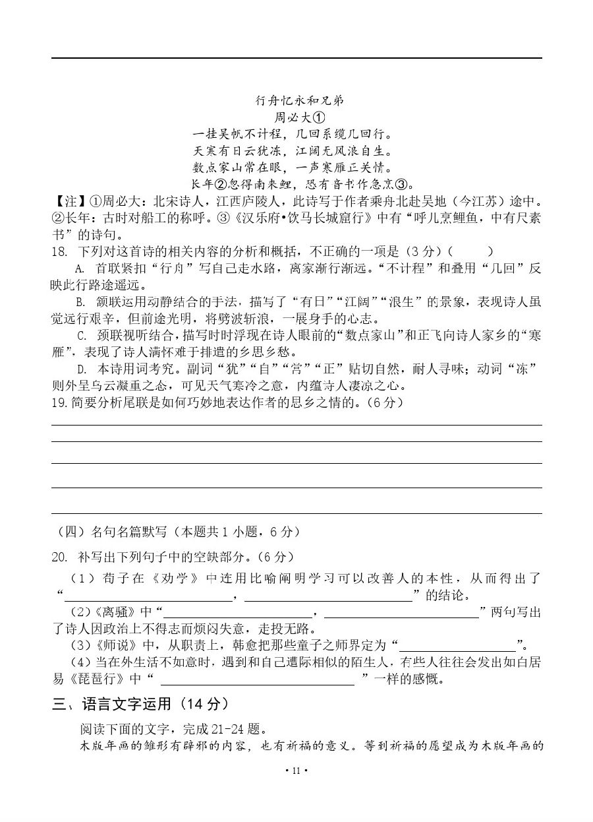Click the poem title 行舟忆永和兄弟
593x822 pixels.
pyautogui.click(x=299, y=101)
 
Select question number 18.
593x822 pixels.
pyautogui.click(x=60, y=251)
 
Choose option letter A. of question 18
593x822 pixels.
pyautogui.click(x=81, y=269)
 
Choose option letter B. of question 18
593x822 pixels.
pyautogui.click(x=81, y=302)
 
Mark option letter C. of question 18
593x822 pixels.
pyautogui.click(x=81, y=336)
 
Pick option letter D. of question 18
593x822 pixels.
pyautogui.click(x=81, y=369)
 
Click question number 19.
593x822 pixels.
pyautogui.click(x=59, y=402)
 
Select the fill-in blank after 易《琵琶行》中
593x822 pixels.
pyautogui.click(x=257, y=680)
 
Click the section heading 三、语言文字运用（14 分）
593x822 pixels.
pyautogui.click(x=142, y=705)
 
